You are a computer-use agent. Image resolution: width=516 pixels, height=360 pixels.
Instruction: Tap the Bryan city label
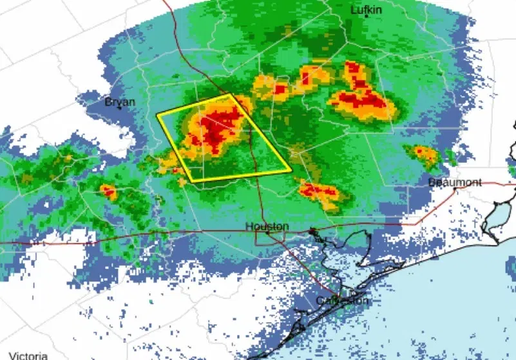point(120,102)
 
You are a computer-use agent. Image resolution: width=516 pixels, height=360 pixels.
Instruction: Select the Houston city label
point(267,227)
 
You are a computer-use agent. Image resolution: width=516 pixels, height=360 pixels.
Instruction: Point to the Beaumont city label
point(455,182)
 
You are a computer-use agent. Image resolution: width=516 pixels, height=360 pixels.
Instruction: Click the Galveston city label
point(343,301)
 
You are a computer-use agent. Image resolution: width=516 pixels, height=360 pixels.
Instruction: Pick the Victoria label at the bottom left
point(28,355)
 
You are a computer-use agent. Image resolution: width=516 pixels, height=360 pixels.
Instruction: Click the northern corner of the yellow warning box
point(231,95)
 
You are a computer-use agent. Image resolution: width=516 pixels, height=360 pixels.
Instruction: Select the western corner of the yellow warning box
point(158,115)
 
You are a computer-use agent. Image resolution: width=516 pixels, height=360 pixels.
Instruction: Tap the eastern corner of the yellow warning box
point(291,171)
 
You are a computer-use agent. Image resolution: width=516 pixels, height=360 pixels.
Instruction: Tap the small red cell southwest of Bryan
point(108,191)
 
